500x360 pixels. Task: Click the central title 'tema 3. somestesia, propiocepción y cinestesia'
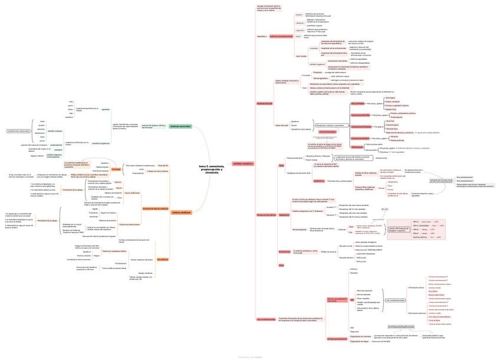212,170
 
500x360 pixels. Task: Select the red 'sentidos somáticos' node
242,163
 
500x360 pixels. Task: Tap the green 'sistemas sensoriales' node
180,126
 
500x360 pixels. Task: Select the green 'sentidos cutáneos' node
55,131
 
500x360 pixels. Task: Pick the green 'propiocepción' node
57,145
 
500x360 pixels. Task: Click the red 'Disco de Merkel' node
358,103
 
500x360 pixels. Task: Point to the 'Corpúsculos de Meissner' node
361,126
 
